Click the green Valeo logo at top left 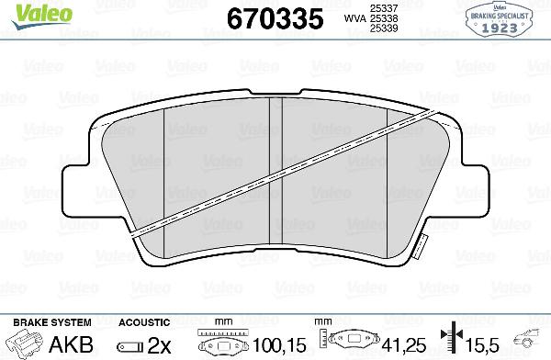pos(32,11)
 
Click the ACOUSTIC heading pos(144,322)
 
